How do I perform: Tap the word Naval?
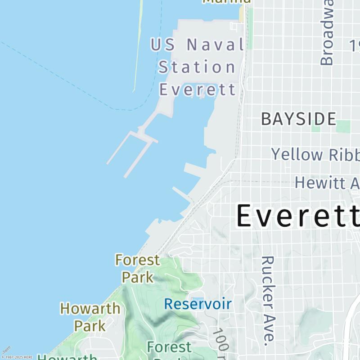[215, 45]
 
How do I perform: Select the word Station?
[197, 67]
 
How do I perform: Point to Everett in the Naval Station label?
[198, 89]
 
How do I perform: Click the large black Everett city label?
[297, 216]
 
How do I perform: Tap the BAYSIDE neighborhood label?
[298, 119]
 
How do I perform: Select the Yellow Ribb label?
[315, 154]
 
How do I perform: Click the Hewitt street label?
[327, 183]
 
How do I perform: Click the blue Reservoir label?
[198, 304]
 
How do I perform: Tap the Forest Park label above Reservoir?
[137, 268]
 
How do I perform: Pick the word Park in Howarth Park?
[90, 325]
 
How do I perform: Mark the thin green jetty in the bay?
[138, 45]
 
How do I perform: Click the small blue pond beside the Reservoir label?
[197, 300]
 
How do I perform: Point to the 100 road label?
[221, 340]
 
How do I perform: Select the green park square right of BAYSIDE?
[343, 126]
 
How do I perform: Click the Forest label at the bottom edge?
[169, 347]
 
